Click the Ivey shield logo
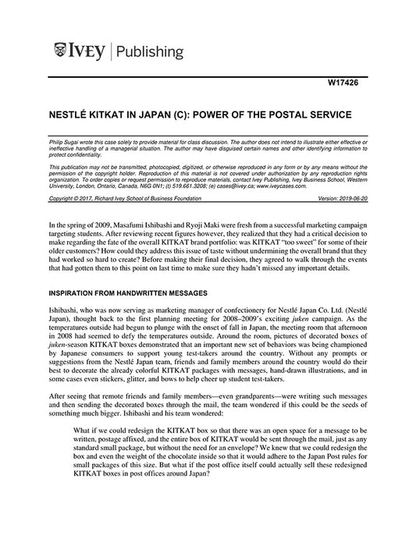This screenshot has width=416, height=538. pyautogui.click(x=59, y=52)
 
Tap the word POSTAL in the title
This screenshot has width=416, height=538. pyautogui.click(x=283, y=114)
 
